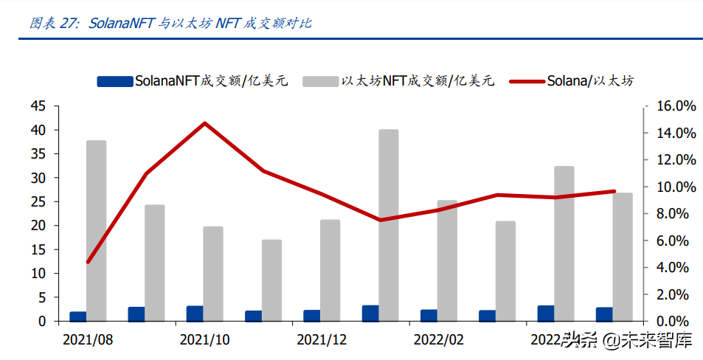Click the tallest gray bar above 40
388,225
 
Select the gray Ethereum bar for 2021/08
96,230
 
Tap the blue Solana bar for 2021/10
195,314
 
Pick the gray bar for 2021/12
330,270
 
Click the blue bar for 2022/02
429,315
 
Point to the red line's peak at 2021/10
204,123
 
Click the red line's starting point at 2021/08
88,262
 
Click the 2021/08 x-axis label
88,340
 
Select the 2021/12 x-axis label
322,340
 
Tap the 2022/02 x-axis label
438,340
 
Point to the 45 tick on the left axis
38,106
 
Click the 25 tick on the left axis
38,201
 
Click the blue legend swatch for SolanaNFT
114,81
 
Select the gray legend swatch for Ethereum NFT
320,81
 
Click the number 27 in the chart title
68,23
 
